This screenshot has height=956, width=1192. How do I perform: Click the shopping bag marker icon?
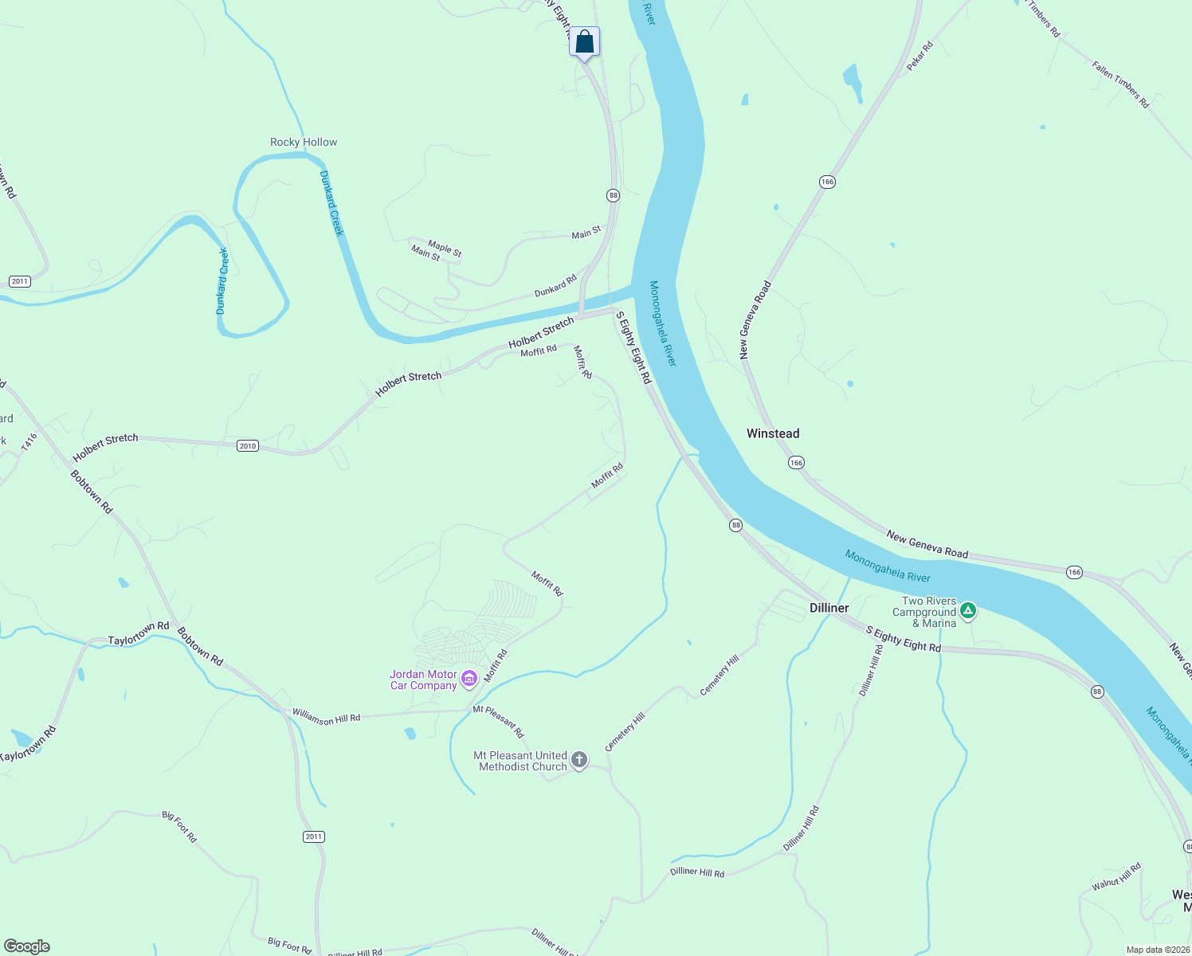tap(584, 42)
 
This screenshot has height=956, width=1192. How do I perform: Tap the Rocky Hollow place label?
tap(304, 142)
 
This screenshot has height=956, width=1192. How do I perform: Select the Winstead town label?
tap(772, 433)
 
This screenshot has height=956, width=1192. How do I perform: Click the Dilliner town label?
tap(829, 608)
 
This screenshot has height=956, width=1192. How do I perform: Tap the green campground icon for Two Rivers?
tap(967, 611)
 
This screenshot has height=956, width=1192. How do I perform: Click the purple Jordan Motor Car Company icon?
tap(469, 679)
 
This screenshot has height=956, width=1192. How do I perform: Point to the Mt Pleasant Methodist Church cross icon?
tap(579, 760)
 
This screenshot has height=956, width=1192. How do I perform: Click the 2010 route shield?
tap(248, 445)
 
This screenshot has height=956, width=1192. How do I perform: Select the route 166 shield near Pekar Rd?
tap(827, 182)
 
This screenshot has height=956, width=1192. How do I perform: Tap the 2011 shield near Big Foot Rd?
tap(314, 836)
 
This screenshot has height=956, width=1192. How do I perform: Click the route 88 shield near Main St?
tap(613, 195)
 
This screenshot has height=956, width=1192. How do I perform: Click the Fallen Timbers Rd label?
tap(1120, 84)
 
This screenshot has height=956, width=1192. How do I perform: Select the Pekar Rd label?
tap(919, 57)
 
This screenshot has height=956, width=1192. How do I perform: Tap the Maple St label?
tap(445, 249)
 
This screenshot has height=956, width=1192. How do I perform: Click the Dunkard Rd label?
tap(555, 287)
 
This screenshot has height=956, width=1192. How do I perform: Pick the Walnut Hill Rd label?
tap(1116, 876)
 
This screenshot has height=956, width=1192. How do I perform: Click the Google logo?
tap(27, 946)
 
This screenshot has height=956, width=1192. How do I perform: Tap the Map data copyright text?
tap(1158, 950)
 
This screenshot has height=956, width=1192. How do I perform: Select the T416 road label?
tap(29, 442)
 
